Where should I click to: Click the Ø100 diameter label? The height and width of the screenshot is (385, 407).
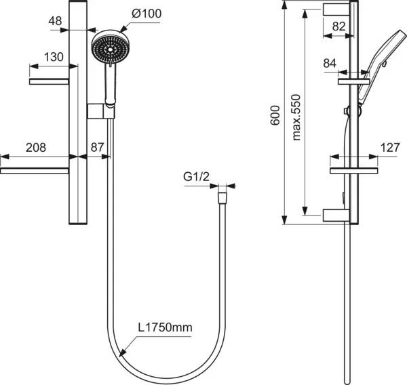pos(147,14)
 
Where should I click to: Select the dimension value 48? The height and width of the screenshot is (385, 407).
pos(55,21)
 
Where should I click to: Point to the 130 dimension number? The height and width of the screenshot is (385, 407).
pos(54,57)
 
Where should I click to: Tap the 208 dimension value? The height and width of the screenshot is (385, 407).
pos(36,148)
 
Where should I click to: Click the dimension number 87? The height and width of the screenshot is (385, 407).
pos(97,147)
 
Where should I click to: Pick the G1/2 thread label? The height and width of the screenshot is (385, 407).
pos(196,177)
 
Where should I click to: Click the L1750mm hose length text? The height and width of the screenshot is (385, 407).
pos(165,327)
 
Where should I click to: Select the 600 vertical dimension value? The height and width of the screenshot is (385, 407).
pos(275,115)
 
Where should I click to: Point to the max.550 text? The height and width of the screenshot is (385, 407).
pos(296,117)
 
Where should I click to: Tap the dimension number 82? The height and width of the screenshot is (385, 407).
pos(339,26)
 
